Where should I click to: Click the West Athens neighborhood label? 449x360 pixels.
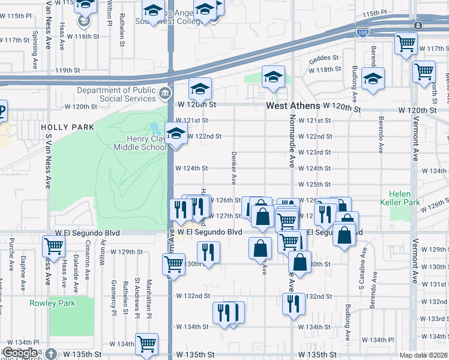[x=294, y=106]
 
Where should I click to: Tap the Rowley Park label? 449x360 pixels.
[x=52, y=303]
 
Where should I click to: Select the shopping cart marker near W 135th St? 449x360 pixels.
[x=146, y=344]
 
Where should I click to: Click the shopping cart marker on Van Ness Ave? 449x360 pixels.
[x=54, y=245]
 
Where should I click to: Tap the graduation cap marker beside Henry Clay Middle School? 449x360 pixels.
[x=176, y=134]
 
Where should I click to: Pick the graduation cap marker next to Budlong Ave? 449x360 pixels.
[x=373, y=78]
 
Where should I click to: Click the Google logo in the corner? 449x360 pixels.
[x=20, y=353]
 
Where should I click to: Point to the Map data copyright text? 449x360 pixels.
[x=424, y=355]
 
